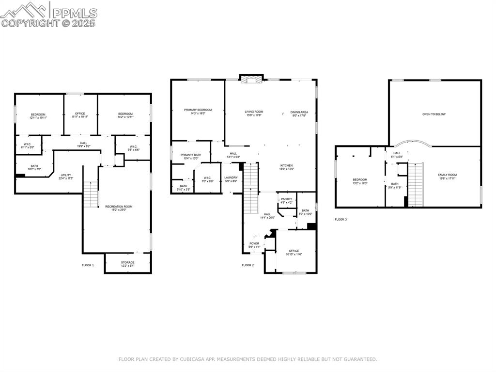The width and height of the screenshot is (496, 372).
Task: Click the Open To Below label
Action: (x=434, y=114)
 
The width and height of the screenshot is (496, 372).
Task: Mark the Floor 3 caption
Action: (x=341, y=219)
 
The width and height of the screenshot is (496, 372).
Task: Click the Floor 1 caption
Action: (x=88, y=265)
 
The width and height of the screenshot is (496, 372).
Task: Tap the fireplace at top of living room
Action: (x=251, y=79)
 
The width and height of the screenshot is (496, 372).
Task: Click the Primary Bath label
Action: (x=191, y=157)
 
